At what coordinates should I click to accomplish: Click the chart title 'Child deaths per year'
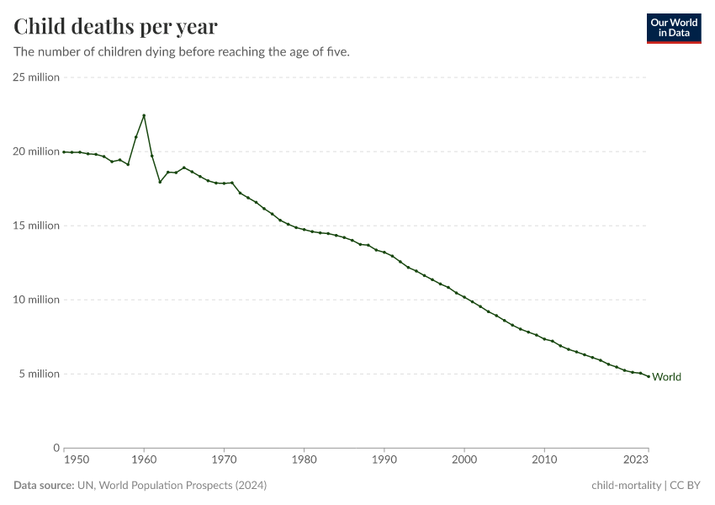tap(115, 27)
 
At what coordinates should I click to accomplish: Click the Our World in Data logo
tap(673, 28)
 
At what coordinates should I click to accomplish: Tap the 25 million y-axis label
tap(36, 77)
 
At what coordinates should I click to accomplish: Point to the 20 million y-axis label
tap(36, 151)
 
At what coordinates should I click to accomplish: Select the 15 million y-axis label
tap(36, 226)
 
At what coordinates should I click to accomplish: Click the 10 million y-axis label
tap(36, 300)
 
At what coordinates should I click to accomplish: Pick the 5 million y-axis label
tap(39, 374)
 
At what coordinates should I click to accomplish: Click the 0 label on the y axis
tap(56, 448)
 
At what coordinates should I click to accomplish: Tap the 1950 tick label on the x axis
tap(75, 460)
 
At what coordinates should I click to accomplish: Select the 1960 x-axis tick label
tap(144, 460)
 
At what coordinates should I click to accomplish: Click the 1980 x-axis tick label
tap(305, 460)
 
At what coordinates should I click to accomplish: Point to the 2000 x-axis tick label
tap(464, 460)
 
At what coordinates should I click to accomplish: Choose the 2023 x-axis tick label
tap(637, 460)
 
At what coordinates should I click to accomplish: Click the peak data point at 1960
tap(144, 115)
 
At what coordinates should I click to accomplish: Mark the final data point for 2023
tap(649, 376)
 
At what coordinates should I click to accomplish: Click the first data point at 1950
tap(64, 151)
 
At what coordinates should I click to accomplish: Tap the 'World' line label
tap(667, 377)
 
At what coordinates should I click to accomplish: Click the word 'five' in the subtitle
tap(336, 51)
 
